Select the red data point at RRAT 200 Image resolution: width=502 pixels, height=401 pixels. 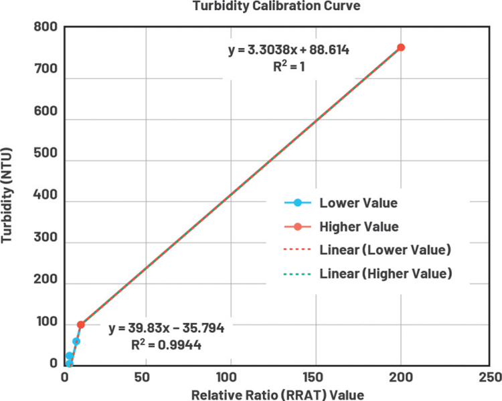[x=401, y=47]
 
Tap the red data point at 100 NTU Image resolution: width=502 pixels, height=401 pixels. [x=81, y=325]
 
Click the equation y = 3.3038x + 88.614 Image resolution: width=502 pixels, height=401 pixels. [x=289, y=51]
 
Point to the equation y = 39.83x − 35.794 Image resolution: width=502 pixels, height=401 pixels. [x=166, y=329]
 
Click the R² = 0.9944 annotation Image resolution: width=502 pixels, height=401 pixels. [x=166, y=346]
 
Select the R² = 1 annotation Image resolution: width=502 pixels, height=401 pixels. [x=289, y=68]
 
